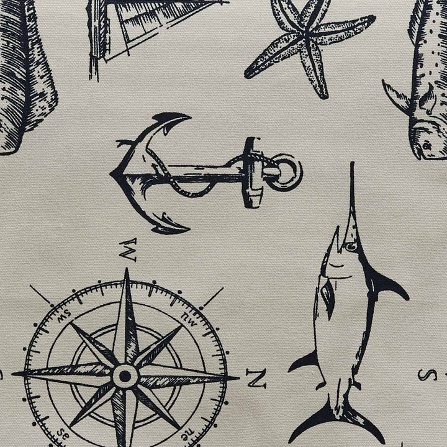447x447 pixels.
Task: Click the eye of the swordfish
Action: point(351,246)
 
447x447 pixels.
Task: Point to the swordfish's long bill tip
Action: point(353,163)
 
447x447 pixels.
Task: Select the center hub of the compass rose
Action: point(125,376)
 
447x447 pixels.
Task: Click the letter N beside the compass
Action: point(256,379)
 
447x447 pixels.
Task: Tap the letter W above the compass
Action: point(127,250)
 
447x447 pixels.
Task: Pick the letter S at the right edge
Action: point(427,375)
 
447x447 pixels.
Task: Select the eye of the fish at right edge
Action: point(426,146)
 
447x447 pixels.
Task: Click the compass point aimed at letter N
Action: point(222,378)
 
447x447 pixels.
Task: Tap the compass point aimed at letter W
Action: point(126,314)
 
